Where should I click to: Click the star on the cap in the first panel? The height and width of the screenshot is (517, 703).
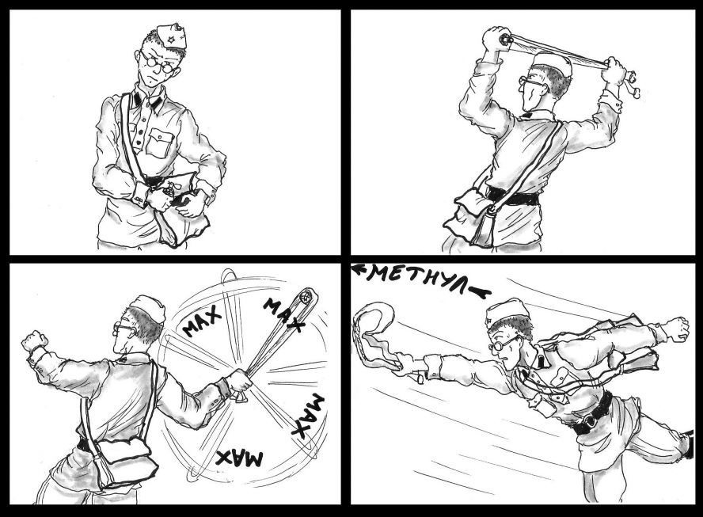[171, 40]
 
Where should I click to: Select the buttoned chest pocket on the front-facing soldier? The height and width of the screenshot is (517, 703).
[161, 143]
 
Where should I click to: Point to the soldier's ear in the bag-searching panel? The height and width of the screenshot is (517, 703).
[138, 55]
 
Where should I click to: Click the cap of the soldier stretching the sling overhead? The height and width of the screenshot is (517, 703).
[553, 64]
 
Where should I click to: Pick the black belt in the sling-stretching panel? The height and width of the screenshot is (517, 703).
[513, 196]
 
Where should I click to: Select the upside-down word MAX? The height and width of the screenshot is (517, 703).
[239, 458]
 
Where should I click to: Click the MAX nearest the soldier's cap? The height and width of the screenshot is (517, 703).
[201, 321]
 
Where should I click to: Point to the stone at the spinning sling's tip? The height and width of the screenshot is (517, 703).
[305, 296]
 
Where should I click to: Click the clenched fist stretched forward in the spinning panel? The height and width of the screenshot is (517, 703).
[33, 340]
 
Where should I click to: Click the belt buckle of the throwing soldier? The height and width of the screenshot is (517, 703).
[589, 420]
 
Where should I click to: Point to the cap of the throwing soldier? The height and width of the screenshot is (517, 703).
[506, 312]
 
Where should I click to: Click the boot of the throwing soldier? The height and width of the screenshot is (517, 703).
[687, 444]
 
